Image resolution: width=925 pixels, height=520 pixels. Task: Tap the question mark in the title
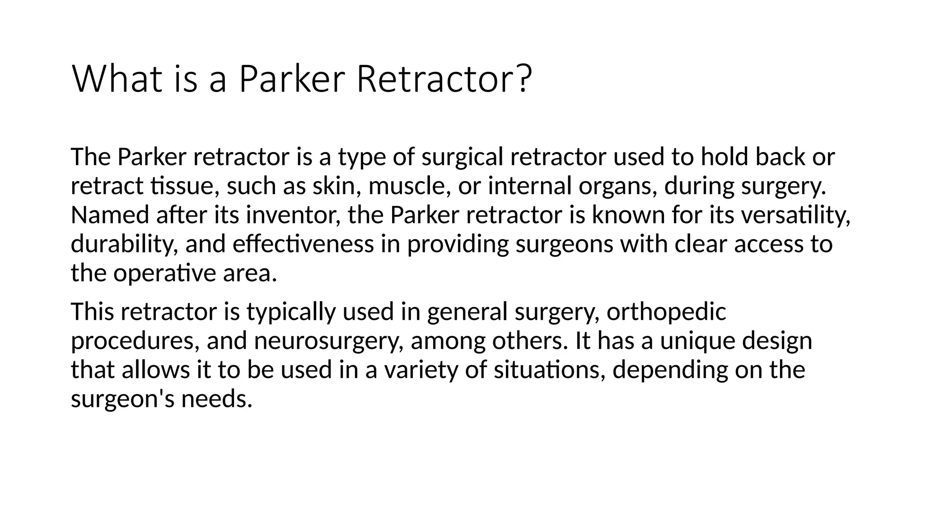[523, 79]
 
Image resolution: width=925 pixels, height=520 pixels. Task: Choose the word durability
[124, 244]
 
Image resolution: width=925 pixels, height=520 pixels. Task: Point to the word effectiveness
[303, 244]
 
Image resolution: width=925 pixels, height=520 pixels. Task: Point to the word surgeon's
[122, 399]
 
